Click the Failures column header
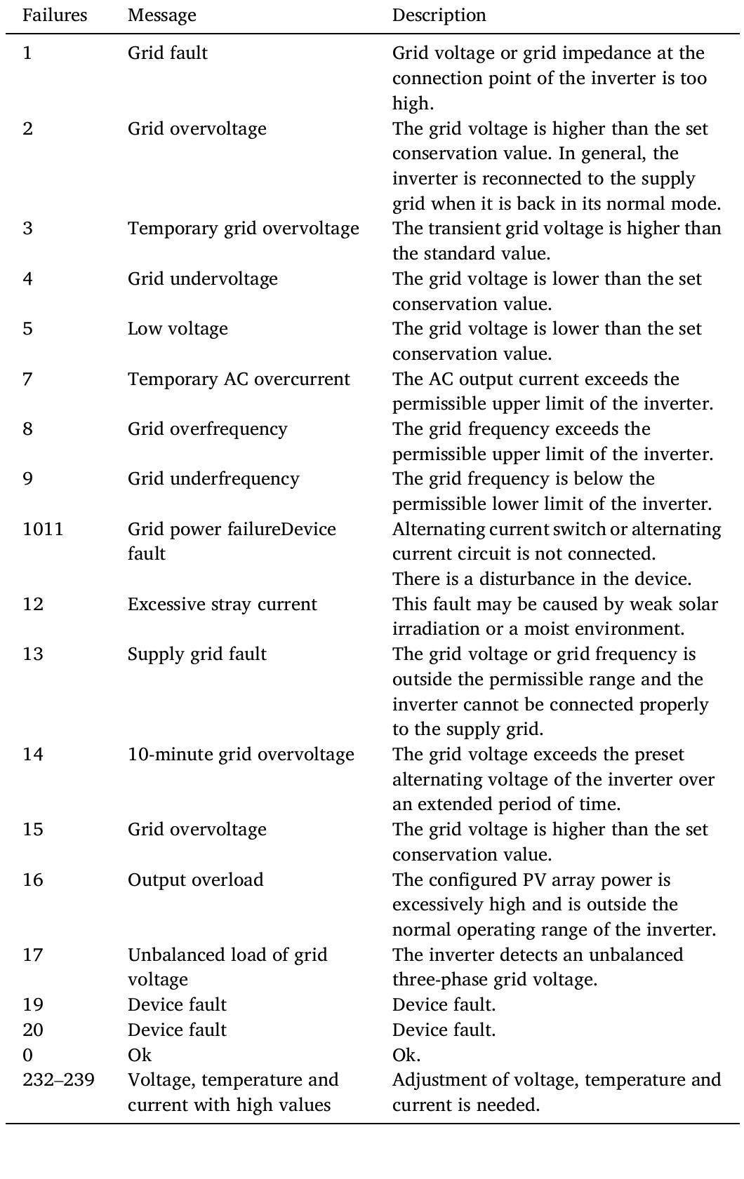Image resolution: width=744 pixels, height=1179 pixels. pos(55,15)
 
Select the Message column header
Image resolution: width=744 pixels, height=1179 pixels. pos(161,15)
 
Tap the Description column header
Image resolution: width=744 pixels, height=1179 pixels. pos(439,15)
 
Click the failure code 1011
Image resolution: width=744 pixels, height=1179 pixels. pos(43,529)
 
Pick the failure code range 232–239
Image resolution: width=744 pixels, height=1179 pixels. pos(58,1079)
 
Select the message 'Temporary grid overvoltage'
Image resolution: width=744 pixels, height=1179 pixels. pos(243,229)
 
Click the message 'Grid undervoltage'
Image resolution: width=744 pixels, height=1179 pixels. pos(202,278)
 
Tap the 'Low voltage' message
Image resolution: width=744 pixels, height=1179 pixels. pos(178,329)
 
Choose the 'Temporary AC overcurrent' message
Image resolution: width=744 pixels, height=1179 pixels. pos(239,379)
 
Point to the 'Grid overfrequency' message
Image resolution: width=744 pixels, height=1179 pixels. pos(207,429)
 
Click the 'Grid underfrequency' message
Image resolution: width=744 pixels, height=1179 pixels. pos(213,479)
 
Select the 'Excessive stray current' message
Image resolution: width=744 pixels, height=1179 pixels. pos(222,604)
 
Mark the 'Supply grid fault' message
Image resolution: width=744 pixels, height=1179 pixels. pos(197,654)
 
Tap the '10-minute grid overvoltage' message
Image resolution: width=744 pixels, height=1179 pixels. pos(241,755)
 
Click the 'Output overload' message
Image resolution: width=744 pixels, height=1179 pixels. pos(195,880)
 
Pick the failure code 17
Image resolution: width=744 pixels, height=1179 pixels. pos(32,955)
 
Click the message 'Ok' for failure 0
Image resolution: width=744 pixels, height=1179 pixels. pos(139,1055)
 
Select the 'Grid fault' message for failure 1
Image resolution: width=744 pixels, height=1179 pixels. pos(167,53)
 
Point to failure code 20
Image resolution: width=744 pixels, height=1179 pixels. pos(32,1030)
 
